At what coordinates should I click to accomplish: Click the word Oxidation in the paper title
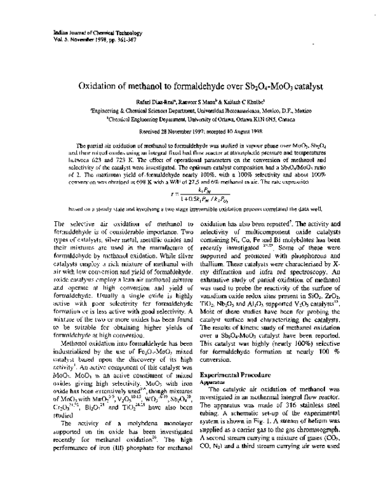coord(101,85)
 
